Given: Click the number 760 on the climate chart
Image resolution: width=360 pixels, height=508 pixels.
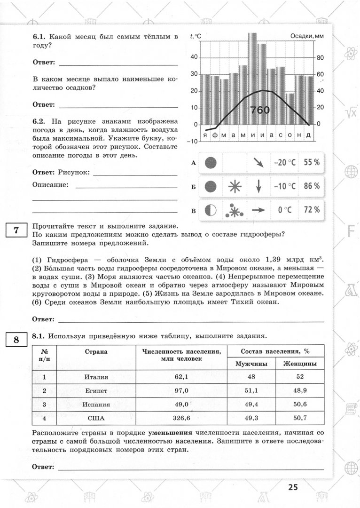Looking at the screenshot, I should click(260, 110).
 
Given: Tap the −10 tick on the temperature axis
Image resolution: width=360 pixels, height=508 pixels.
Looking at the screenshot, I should click(192, 141).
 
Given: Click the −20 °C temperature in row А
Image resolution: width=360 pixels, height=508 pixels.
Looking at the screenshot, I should click(284, 162).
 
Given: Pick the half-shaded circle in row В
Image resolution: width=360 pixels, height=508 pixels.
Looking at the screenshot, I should click(211, 210).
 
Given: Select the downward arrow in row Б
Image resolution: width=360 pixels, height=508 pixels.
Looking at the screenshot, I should click(258, 187).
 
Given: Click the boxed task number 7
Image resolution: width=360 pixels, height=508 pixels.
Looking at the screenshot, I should click(16, 230).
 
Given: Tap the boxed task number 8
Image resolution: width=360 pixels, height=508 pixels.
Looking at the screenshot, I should click(16, 340).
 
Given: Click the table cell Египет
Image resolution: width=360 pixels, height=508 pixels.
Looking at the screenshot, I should click(96, 390).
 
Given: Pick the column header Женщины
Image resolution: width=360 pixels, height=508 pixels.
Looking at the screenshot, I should click(299, 364).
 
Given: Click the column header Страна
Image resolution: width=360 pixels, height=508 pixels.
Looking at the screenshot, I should click(96, 351).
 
